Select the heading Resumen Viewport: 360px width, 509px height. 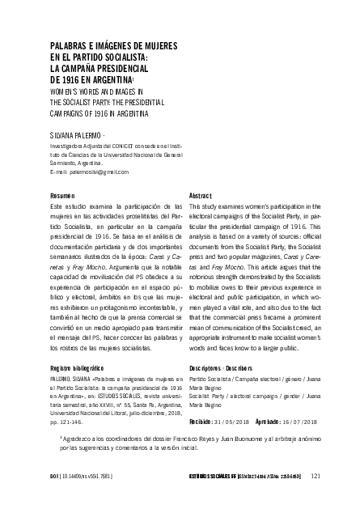tap(62, 197)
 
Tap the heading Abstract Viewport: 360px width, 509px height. tap(200, 197)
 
